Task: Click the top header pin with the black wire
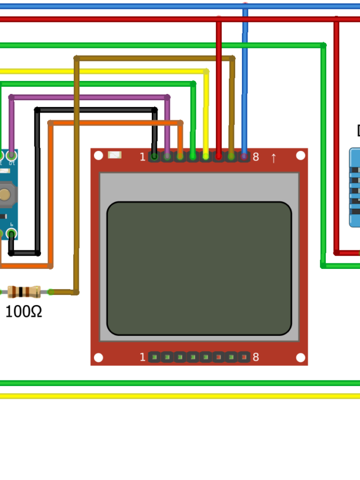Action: (154, 156)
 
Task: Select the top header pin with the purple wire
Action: (167, 156)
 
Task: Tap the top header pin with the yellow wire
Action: (206, 156)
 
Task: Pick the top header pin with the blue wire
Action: (244, 156)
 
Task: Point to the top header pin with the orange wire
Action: (180, 156)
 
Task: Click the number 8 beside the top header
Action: (256, 157)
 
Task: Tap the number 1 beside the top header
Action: (142, 157)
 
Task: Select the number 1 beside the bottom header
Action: (142, 357)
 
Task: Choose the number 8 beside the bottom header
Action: (256, 357)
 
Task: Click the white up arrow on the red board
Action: (273, 158)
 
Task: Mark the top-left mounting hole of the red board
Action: (98, 155)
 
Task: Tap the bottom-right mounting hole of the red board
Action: (300, 357)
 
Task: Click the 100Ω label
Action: (24, 311)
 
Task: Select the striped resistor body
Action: (24, 291)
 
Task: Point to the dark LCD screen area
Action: (199, 268)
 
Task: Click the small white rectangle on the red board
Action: (114, 155)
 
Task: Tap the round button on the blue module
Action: (4, 195)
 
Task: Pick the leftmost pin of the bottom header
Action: (154, 357)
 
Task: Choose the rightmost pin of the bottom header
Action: (244, 357)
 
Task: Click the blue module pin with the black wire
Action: (11, 233)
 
